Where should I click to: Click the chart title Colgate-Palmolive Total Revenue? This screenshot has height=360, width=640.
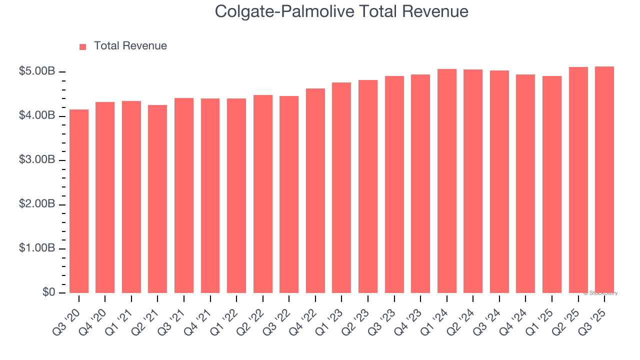click(x=341, y=11)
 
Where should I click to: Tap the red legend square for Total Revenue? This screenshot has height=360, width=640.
click(x=83, y=46)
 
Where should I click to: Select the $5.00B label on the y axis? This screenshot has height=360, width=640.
click(x=37, y=71)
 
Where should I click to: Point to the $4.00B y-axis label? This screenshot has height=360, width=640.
click(x=37, y=115)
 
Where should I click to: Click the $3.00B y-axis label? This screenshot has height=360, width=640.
click(x=37, y=160)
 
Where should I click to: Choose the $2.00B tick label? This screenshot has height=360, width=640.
click(x=37, y=204)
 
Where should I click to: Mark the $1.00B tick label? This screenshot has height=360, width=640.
click(x=37, y=248)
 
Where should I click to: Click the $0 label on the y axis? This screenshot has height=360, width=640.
click(x=48, y=292)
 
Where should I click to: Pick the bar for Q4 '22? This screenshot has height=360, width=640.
click(x=315, y=190)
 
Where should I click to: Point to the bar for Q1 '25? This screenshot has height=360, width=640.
click(x=552, y=184)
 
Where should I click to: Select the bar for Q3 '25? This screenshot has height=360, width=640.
click(x=604, y=179)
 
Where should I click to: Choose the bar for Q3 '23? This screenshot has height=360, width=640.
click(x=394, y=184)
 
